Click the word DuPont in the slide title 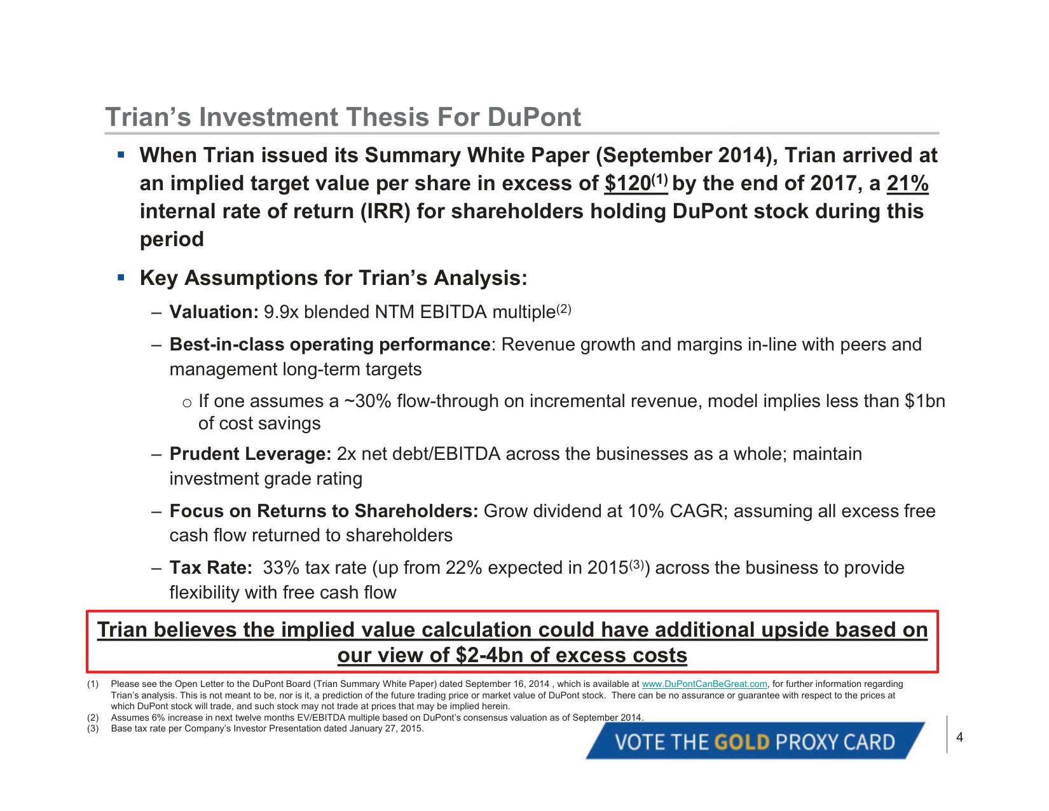pyautogui.click(x=534, y=117)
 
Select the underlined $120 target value pyautogui.click(x=627, y=184)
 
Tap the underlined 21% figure pyautogui.click(x=908, y=184)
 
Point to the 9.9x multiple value pyautogui.click(x=281, y=312)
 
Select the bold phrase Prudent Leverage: pyautogui.click(x=250, y=454)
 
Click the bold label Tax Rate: pyautogui.click(x=210, y=567)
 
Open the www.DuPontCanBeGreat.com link pyautogui.click(x=704, y=684)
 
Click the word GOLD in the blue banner pyautogui.click(x=741, y=742)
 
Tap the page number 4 pyautogui.click(x=959, y=737)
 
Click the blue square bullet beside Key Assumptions pyautogui.click(x=121, y=278)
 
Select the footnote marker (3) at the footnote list pyautogui.click(x=93, y=728)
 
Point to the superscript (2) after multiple pyautogui.click(x=564, y=309)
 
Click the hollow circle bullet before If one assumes pyautogui.click(x=187, y=403)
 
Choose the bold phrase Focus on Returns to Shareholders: pyautogui.click(x=324, y=511)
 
